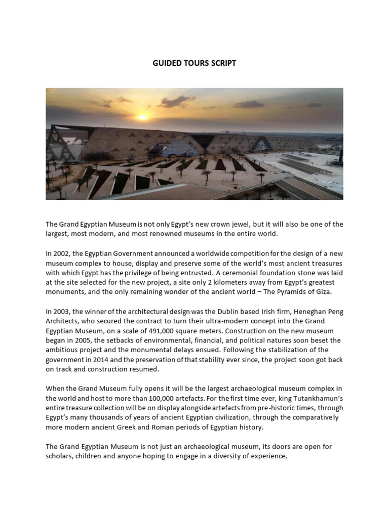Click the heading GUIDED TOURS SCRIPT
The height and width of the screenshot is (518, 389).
[194, 64]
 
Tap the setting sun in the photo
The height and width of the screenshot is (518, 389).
[142, 117]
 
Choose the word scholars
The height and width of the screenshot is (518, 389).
[60, 456]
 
